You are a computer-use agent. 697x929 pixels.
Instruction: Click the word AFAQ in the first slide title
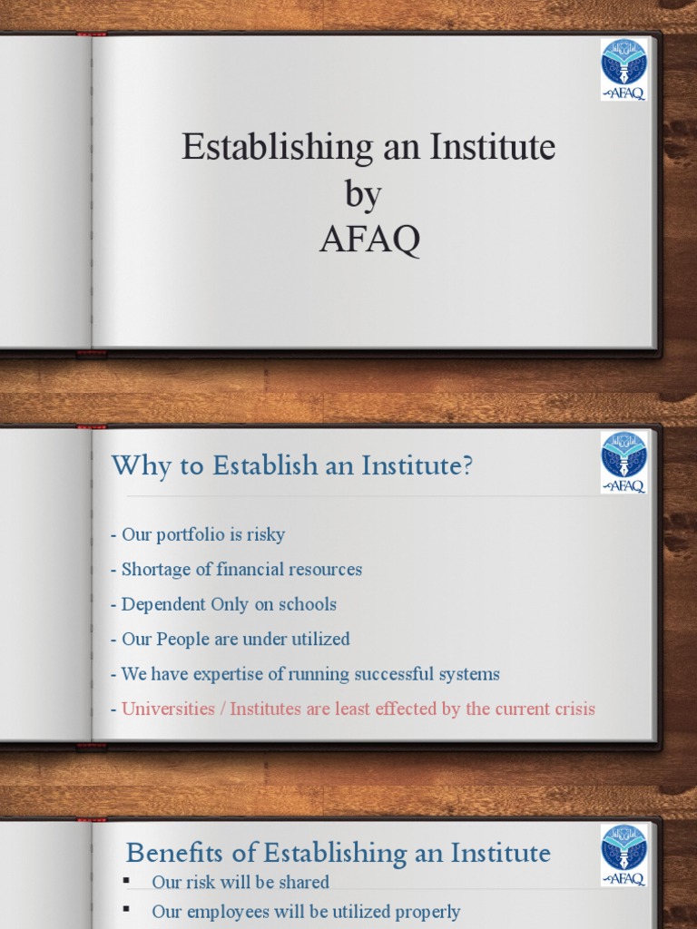click(369, 240)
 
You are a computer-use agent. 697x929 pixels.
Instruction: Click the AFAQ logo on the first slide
click(623, 69)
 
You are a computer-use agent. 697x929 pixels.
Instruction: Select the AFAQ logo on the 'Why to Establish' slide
click(623, 462)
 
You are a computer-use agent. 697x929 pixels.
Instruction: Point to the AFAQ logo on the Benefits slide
click(623, 854)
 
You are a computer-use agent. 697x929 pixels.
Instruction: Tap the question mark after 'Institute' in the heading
click(466, 466)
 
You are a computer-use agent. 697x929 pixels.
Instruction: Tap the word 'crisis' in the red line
click(571, 709)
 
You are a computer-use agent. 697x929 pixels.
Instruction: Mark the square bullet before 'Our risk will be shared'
click(127, 881)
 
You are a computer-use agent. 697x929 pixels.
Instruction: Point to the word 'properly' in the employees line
click(427, 912)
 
